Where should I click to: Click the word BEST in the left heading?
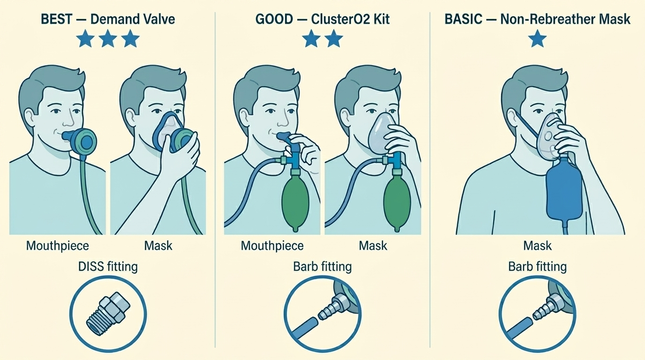point(56,19)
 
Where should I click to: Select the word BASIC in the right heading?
point(463,19)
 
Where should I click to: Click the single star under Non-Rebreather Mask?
point(537,40)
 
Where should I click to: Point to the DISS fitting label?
point(108,266)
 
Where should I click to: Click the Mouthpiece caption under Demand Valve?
point(58,246)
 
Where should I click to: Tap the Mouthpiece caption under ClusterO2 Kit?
point(272,246)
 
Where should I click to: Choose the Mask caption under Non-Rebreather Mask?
point(537,246)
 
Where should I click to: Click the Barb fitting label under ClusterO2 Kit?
point(322,266)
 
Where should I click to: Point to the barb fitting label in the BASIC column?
point(537,266)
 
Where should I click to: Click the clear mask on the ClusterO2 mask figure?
point(382,133)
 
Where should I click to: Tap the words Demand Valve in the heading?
point(133,19)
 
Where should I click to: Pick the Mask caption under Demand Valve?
point(158,246)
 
